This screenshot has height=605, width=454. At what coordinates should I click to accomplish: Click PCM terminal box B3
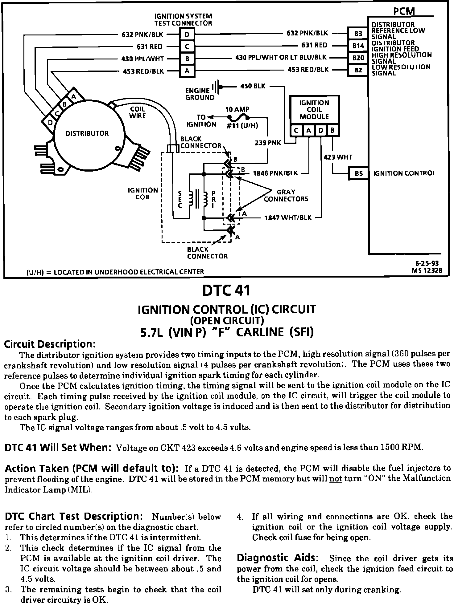[x=358, y=33]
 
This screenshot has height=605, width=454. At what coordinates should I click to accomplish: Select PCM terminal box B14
[x=358, y=46]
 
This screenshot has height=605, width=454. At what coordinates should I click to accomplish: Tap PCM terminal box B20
[x=358, y=58]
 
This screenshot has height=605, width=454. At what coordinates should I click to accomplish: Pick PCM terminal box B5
[x=358, y=173]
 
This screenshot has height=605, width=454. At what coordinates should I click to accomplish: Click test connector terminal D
[x=187, y=35]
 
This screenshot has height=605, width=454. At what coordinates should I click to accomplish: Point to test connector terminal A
[x=187, y=71]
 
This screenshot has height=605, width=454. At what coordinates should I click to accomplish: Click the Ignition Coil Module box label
[x=314, y=110]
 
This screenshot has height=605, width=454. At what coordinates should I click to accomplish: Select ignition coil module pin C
[x=296, y=131]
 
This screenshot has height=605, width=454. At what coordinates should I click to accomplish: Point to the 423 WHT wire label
[x=338, y=157]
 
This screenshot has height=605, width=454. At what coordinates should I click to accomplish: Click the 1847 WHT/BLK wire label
[x=288, y=218]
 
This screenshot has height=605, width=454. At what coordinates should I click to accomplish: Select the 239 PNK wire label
[x=268, y=143]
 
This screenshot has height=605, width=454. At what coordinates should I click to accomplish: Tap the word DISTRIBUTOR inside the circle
[x=87, y=133]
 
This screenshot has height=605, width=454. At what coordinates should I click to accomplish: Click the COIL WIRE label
[x=138, y=112]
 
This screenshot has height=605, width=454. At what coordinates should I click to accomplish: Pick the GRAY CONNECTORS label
[x=286, y=196]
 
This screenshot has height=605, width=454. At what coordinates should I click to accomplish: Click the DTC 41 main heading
[x=226, y=290]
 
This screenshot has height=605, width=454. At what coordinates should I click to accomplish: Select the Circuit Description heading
[x=50, y=344]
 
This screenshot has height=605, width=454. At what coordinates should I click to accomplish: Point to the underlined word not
[x=336, y=479]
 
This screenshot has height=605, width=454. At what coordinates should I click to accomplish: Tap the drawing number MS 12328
[x=427, y=270]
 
